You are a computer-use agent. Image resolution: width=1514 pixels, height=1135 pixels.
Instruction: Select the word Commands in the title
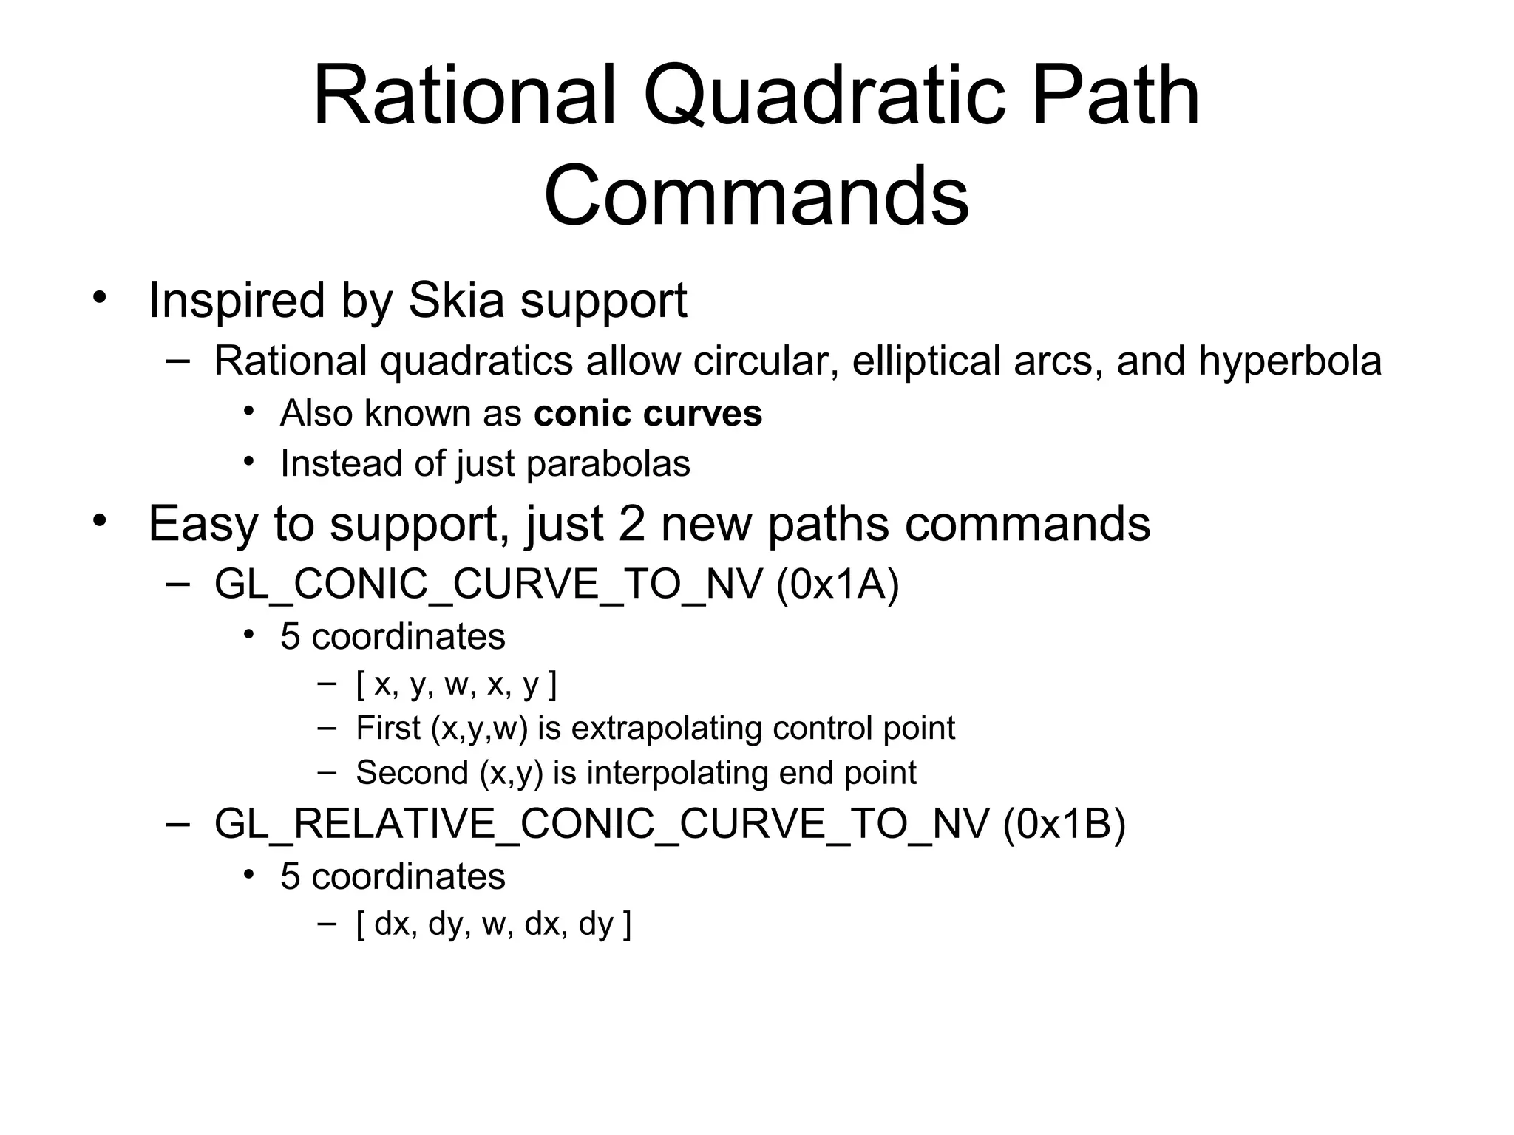coord(756,197)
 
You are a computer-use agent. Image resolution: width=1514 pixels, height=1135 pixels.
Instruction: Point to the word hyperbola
coord(1290,361)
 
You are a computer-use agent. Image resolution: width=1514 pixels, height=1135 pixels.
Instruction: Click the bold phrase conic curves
coord(648,413)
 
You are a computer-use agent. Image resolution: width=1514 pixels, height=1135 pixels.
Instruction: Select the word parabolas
coord(608,464)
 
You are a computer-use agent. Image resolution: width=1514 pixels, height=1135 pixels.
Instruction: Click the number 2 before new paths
coord(632,524)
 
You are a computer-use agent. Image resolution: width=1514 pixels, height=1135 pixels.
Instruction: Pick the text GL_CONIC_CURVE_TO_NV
coord(488,584)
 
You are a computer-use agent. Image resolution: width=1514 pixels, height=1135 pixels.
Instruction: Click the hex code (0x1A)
coord(838,584)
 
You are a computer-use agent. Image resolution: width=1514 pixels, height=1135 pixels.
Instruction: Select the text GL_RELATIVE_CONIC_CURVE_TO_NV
coord(602,824)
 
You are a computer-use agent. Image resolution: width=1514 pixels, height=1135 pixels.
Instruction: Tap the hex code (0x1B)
coord(1065,824)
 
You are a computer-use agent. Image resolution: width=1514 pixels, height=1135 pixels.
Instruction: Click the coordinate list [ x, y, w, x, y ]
coord(456,685)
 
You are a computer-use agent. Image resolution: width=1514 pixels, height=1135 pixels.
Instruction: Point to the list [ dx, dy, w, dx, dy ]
coord(493,924)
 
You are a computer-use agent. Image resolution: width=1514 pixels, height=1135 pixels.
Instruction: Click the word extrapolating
coord(667,729)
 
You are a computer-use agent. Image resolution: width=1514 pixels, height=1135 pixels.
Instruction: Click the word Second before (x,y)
coord(412,773)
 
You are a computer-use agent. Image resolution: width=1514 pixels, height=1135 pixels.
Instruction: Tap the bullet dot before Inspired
coord(100,299)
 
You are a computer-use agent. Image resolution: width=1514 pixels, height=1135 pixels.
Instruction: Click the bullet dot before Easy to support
coord(100,522)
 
